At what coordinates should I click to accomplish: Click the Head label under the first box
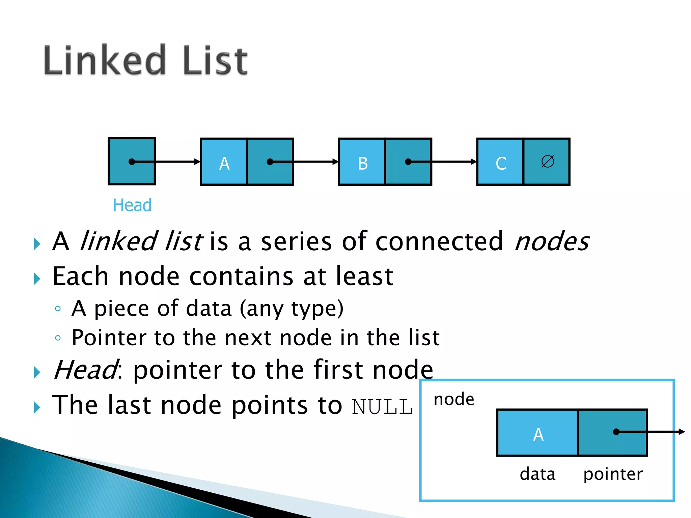[132, 205]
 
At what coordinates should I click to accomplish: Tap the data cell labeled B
[362, 162]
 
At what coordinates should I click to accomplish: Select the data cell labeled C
[500, 162]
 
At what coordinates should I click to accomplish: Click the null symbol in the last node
[547, 161]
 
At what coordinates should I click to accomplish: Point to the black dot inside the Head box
[132, 162]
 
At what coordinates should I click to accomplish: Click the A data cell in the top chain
[224, 162]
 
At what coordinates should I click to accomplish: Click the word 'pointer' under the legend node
[613, 474]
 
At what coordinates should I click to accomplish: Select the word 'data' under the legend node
[537, 474]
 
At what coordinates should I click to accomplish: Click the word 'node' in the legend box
[454, 399]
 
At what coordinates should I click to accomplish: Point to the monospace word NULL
[382, 407]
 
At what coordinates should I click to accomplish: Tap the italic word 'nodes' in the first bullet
[552, 241]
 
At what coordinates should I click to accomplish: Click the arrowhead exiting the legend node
[682, 432]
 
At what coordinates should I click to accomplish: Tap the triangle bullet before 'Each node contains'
[37, 279]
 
